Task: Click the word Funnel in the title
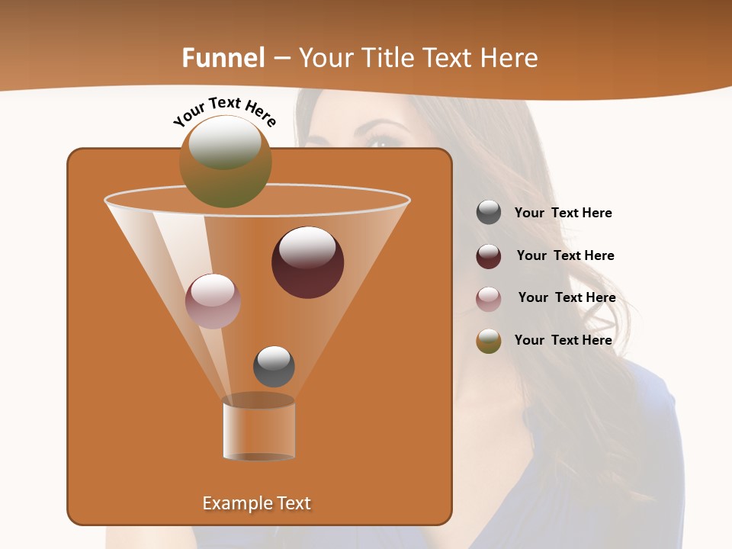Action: coord(223,58)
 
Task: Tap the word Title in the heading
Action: coord(388,58)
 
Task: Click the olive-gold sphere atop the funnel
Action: coord(225,162)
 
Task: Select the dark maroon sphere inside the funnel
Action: coord(307,262)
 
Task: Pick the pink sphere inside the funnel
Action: coord(213,301)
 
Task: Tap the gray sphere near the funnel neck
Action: coord(274,367)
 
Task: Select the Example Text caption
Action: coord(256,503)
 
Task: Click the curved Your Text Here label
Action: coord(224,111)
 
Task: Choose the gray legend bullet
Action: coord(489,213)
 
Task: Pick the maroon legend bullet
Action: coord(489,256)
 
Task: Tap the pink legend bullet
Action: coord(489,299)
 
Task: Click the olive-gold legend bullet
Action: coord(489,341)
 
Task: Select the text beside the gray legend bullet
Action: coord(563,213)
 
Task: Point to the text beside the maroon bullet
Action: coord(565,256)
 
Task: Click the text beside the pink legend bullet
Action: coord(567,298)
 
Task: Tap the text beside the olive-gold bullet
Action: coord(563,340)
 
